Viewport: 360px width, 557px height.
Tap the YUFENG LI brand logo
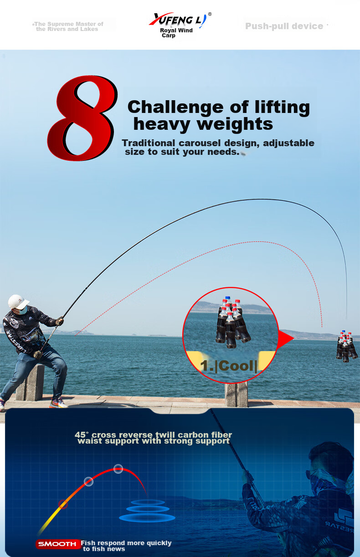tap(180, 20)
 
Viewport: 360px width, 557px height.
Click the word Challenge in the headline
tap(175, 107)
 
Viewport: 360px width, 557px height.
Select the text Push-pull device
tap(284, 26)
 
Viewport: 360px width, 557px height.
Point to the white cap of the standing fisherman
tap(18, 301)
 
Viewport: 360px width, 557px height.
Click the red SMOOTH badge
tap(57, 544)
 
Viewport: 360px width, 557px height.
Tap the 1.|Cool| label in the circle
tap(229, 366)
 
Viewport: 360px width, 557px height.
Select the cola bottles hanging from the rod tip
tap(347, 346)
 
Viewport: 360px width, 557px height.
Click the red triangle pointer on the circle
tap(285, 338)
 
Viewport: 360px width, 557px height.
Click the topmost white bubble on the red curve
tap(118, 469)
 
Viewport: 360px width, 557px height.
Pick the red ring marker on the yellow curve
tap(63, 504)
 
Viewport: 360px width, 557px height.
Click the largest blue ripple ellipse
tap(147, 518)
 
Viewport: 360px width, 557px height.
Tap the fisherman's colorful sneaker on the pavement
tap(57, 403)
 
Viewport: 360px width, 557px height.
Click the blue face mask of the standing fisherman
tap(22, 310)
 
